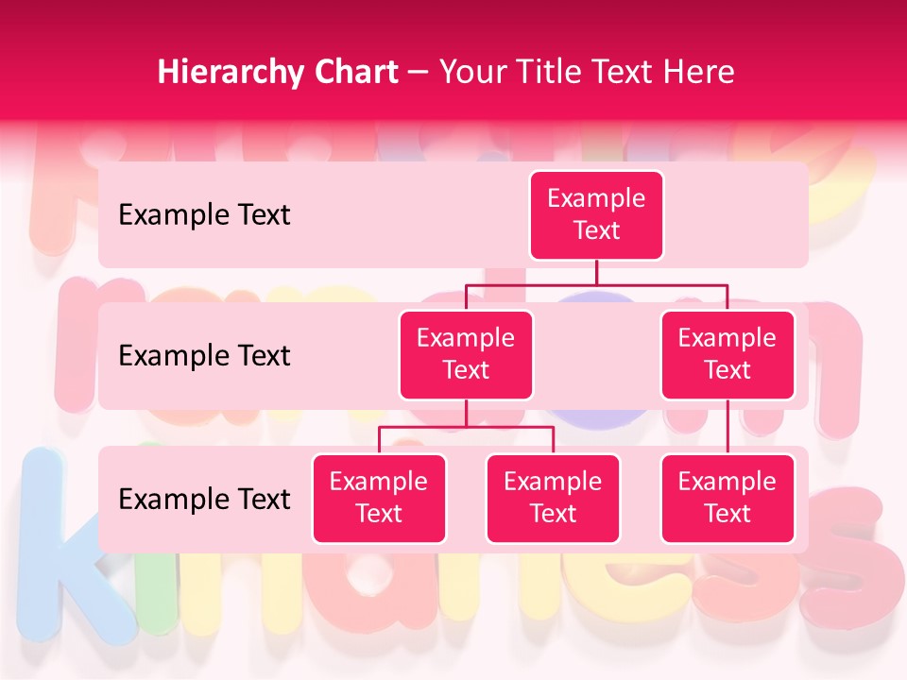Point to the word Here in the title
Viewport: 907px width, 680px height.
(697, 73)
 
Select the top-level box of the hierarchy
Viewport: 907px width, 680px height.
(596, 215)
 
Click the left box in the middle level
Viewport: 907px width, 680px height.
(466, 355)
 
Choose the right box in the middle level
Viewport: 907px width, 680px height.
(727, 355)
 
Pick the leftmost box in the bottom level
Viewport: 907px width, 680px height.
(379, 499)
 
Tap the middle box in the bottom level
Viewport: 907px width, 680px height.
(553, 499)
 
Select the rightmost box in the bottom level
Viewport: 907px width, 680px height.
(727, 499)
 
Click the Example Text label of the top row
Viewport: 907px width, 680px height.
(204, 215)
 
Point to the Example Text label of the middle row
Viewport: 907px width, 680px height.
(204, 356)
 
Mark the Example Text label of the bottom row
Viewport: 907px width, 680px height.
(204, 499)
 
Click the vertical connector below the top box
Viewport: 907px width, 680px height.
(596, 272)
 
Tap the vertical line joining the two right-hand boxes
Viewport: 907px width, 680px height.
(727, 427)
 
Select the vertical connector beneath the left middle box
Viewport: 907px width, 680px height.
(466, 414)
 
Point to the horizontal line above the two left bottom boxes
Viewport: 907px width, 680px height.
(466, 427)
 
